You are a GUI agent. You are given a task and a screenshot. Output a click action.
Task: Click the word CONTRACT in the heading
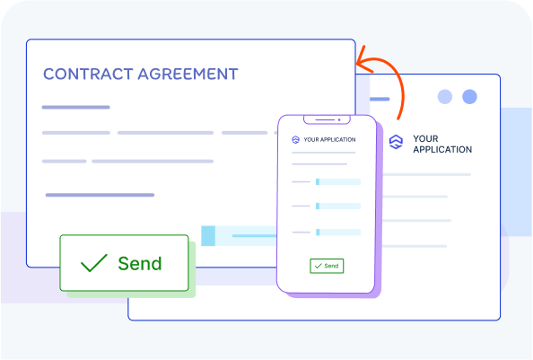tap(88, 75)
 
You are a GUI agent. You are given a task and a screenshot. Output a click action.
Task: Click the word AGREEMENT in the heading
tap(188, 75)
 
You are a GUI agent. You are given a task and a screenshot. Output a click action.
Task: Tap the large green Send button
tap(124, 263)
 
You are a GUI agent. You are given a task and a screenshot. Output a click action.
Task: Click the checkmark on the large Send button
tap(94, 263)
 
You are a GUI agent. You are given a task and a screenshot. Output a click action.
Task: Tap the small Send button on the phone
tap(327, 266)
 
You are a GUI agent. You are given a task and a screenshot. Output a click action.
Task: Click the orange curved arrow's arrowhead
tap(364, 60)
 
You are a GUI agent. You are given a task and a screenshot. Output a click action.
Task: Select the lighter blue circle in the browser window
tap(445, 97)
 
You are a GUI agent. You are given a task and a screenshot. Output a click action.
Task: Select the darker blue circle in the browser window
tap(469, 97)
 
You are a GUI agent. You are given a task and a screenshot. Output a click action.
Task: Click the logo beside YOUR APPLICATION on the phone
tap(295, 139)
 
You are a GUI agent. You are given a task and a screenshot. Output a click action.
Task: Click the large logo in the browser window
tap(396, 142)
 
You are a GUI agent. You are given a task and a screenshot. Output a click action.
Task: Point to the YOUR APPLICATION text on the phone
tap(329, 139)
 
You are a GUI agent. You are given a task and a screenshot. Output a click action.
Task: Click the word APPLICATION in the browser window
tap(442, 150)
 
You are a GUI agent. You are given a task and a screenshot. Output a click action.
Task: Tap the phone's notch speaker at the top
tap(325, 119)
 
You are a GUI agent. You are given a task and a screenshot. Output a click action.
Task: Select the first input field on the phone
tap(338, 182)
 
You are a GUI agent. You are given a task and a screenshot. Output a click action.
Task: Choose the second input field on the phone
tap(338, 206)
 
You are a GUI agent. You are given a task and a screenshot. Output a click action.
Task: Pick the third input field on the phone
tap(338, 233)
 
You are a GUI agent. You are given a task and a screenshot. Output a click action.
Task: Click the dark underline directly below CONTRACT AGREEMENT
tap(75, 107)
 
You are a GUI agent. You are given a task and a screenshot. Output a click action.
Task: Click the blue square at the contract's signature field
tap(208, 235)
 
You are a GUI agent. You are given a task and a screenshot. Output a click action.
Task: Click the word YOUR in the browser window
tap(425, 138)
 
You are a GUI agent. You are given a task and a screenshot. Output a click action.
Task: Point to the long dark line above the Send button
tap(100, 195)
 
